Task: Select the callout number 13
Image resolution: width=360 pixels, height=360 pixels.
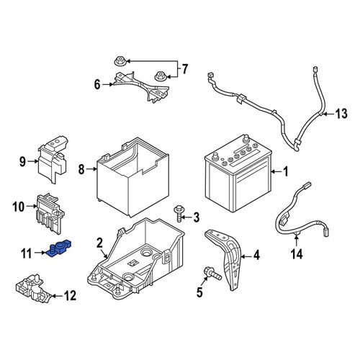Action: coord(341,114)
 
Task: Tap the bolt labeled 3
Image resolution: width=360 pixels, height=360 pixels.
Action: coord(178,214)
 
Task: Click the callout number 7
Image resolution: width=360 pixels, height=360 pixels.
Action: coord(184,69)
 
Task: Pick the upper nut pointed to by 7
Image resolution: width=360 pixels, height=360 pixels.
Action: coord(119,61)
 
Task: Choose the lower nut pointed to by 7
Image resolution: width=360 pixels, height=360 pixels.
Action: coord(159,76)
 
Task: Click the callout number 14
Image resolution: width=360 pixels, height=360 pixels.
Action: coord(297,254)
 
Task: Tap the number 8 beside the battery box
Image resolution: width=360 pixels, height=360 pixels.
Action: coord(81,170)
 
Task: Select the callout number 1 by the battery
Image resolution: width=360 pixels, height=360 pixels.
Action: coord(286,172)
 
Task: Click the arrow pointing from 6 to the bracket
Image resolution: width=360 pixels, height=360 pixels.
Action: coord(108,84)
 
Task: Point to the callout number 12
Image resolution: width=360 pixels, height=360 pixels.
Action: coord(70,295)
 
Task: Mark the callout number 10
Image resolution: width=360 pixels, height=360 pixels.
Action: coord(19,207)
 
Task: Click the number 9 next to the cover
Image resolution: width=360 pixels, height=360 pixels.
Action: coord(22,162)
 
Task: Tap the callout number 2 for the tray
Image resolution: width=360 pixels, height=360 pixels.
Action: coord(99,243)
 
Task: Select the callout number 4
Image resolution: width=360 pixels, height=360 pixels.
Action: coord(256,255)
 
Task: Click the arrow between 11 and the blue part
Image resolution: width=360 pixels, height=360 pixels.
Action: coord(40,253)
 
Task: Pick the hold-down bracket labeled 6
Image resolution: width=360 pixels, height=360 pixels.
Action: coord(142,87)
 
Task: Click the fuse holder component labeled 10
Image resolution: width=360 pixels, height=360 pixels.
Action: coord(50,213)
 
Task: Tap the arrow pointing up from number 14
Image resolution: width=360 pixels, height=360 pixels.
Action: coord(297,241)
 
